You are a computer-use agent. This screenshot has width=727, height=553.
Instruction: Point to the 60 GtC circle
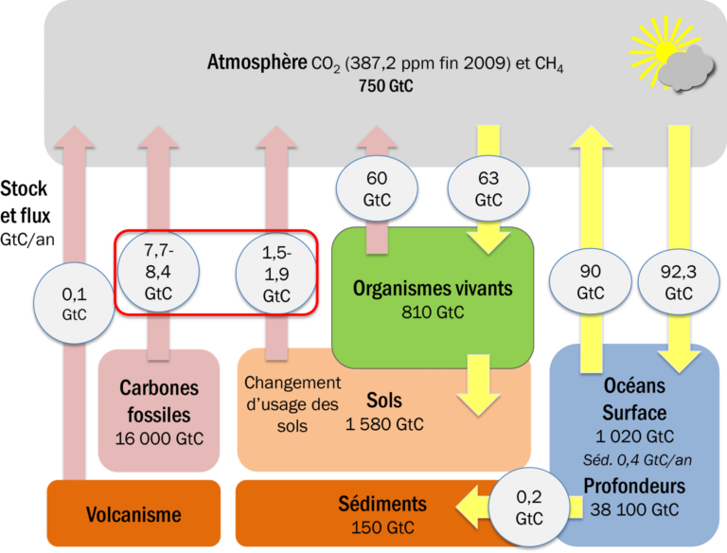click(376, 187)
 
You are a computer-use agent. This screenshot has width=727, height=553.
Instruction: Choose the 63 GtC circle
click(488, 187)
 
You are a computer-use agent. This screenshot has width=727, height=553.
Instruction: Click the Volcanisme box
click(133, 514)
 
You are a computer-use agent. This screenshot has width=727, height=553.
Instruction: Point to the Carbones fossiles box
click(154, 402)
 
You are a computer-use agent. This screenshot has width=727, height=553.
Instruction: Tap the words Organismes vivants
click(432, 287)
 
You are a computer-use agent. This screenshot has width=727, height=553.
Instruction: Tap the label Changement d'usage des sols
click(292, 404)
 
